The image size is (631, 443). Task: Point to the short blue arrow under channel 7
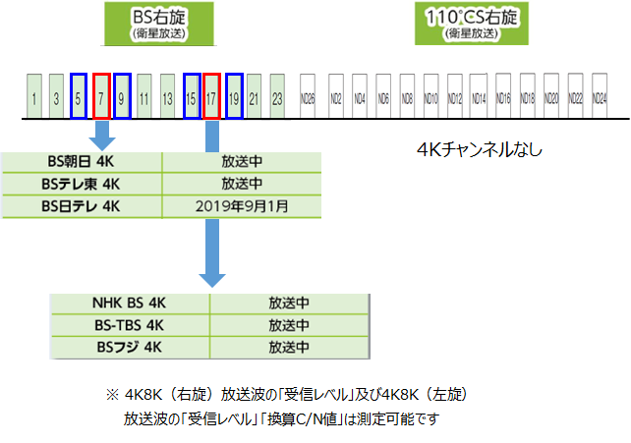click(x=101, y=135)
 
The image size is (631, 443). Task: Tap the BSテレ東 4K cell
click(x=83, y=184)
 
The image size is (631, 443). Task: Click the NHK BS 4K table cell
click(x=129, y=304)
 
